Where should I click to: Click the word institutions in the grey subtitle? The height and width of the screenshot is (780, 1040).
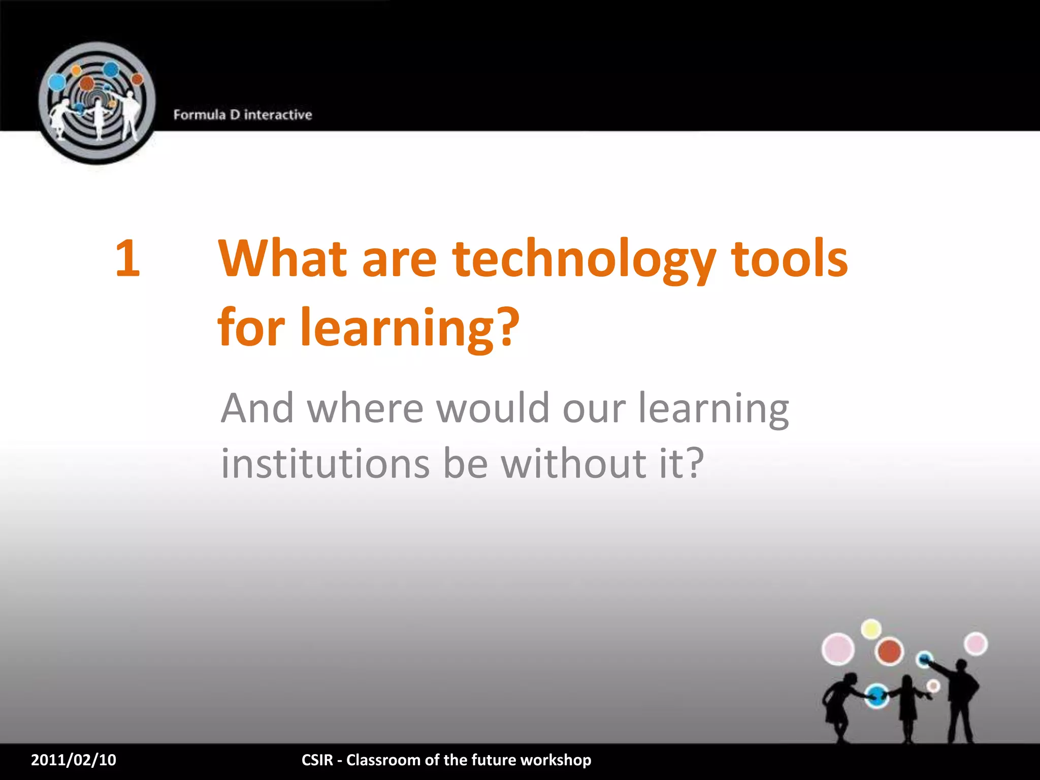coord(325,463)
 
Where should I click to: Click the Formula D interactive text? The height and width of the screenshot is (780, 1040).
coord(243,115)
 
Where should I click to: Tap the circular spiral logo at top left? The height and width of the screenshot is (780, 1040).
coord(97,103)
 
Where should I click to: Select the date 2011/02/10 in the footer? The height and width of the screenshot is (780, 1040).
coord(74,760)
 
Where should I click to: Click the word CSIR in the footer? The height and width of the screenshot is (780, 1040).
coord(317,760)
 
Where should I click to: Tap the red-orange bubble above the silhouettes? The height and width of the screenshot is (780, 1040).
coord(889,652)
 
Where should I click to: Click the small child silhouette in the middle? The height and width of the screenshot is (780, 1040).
coord(907,708)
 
